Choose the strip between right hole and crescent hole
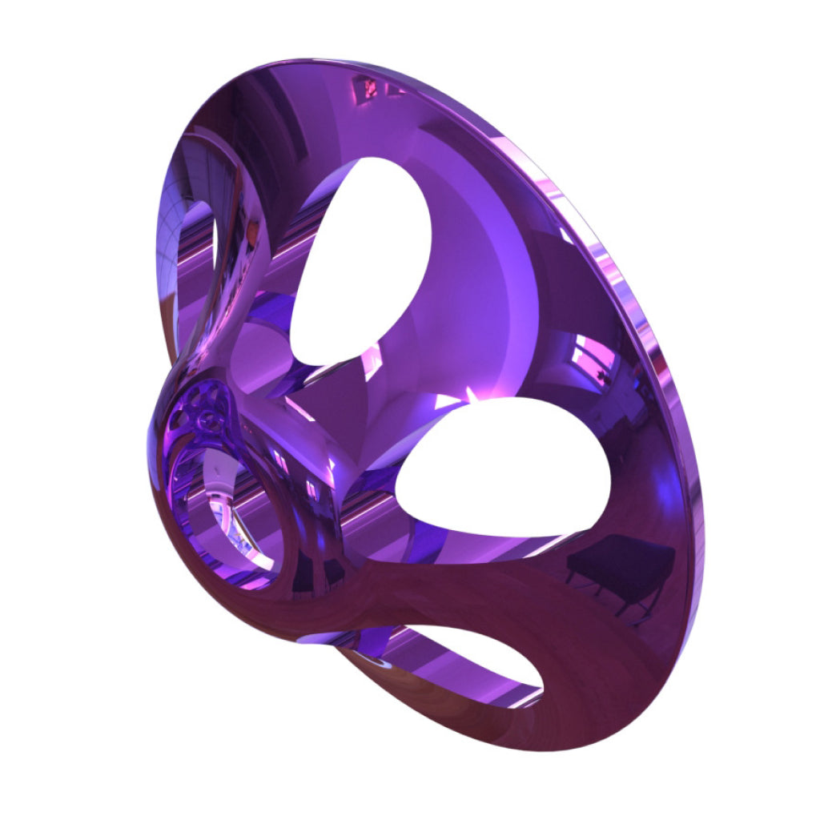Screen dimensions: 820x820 pos(480,577)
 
